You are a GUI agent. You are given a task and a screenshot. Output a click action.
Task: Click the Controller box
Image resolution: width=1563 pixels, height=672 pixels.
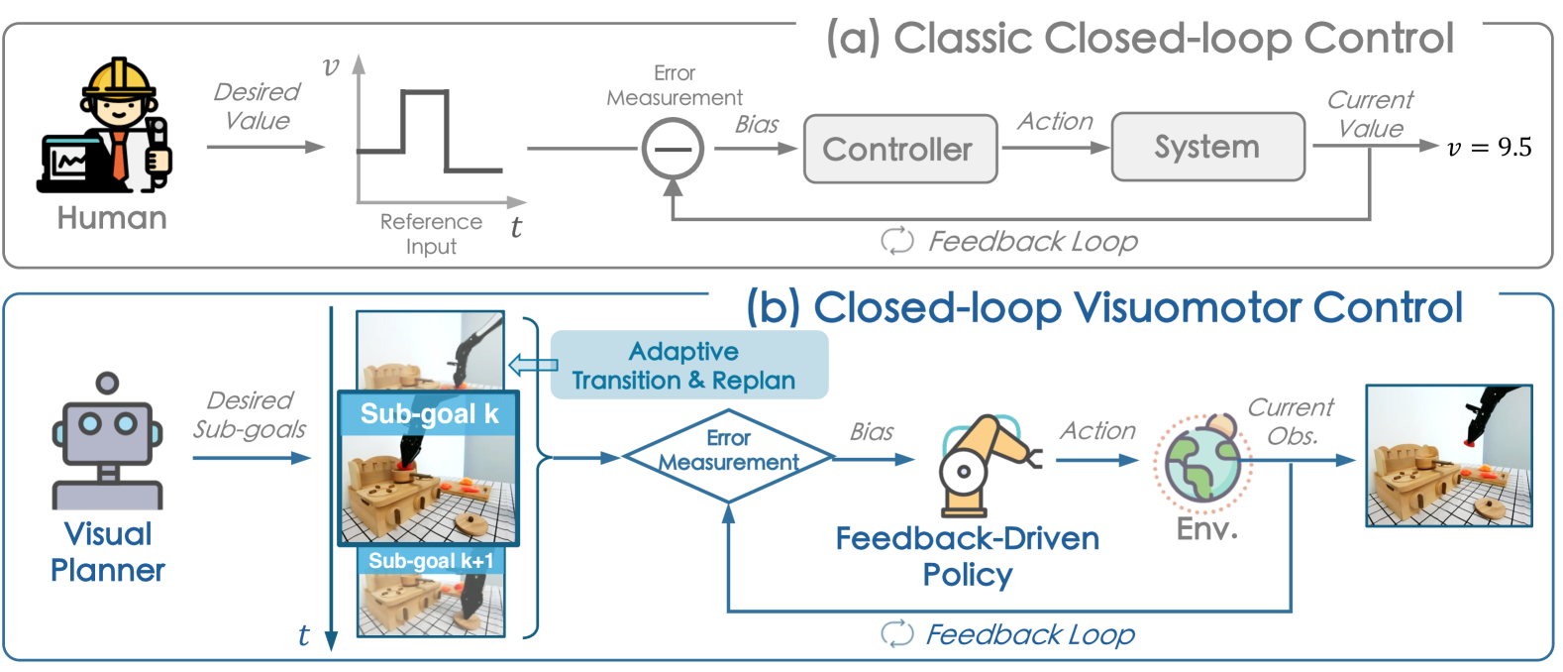[899, 150]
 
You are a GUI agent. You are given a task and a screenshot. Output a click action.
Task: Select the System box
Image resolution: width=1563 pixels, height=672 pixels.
[1207, 148]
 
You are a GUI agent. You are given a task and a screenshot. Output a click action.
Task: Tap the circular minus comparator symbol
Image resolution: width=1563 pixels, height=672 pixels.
[673, 150]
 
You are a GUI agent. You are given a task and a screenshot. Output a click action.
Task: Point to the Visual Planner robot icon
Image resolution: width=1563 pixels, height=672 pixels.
[107, 442]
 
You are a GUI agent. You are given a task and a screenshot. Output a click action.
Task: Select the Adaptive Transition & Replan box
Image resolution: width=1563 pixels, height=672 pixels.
[689, 366]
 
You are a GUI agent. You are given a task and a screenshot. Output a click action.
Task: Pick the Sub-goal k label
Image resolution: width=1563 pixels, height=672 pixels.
[429, 413]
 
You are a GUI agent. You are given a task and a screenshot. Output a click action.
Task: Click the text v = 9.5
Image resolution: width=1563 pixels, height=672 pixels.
[1489, 148]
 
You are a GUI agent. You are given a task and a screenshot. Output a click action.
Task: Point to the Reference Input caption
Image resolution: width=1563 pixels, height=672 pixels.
[431, 234]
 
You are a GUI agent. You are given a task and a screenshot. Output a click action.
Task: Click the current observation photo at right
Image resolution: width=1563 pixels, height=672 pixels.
[1448, 456]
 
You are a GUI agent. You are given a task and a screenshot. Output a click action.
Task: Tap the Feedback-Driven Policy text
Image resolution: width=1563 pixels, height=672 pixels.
[967, 556]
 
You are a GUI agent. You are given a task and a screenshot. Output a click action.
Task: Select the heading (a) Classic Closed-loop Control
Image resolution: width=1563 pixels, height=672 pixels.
[1139, 39]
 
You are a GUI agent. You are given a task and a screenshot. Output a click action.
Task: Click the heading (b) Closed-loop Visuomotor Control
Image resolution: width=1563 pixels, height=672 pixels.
[1103, 307]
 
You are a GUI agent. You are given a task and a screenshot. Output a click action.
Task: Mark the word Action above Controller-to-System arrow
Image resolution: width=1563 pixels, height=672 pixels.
[1055, 121]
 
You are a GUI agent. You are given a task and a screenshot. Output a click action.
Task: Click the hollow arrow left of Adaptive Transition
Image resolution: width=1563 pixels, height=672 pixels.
[532, 365]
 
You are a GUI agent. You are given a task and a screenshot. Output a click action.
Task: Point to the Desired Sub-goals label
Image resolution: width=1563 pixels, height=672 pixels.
[250, 414]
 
